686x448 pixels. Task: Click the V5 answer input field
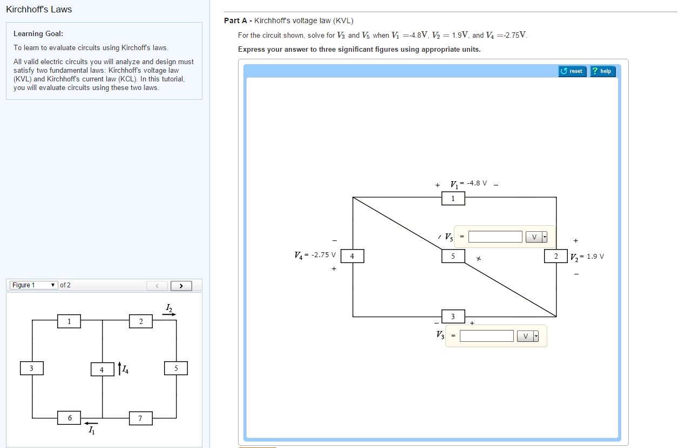[495, 237]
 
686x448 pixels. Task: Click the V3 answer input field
[486, 336]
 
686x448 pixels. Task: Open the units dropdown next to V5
[536, 237]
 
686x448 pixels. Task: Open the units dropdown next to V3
[528, 336]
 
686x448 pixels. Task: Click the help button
[602, 71]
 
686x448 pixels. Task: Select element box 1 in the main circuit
[453, 199]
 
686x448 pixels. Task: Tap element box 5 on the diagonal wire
[453, 256]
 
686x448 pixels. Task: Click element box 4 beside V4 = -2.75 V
[352, 256]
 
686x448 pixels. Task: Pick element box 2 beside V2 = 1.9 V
[556, 256]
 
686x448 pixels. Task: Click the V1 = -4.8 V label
[468, 183]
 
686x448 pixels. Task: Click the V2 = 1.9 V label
[587, 257]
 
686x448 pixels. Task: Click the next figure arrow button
[181, 285]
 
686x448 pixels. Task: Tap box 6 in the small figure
[69, 418]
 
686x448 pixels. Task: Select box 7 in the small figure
[140, 418]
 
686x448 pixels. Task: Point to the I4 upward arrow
[119, 369]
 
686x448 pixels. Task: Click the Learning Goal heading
[38, 34]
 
